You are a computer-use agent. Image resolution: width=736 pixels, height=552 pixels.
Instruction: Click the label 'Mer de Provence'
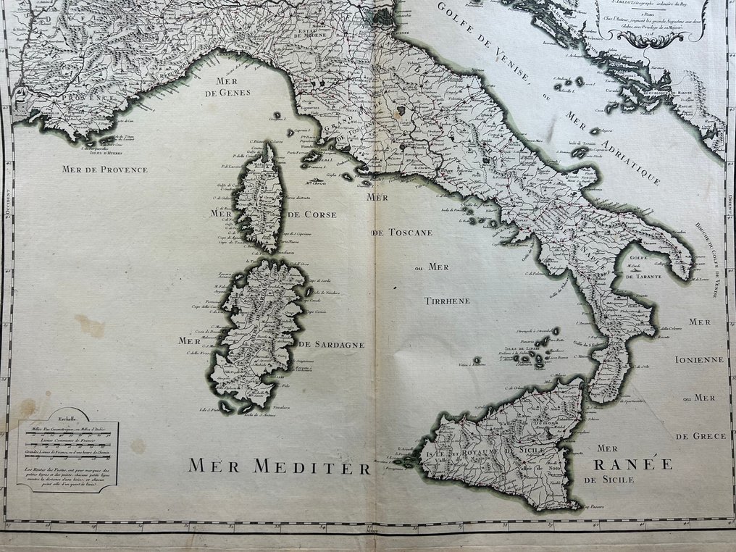[x=104, y=170]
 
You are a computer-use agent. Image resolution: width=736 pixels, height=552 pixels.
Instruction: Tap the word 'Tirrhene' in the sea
[x=448, y=301]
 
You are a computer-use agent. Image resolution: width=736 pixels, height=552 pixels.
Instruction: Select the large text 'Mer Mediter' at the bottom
[x=279, y=467]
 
